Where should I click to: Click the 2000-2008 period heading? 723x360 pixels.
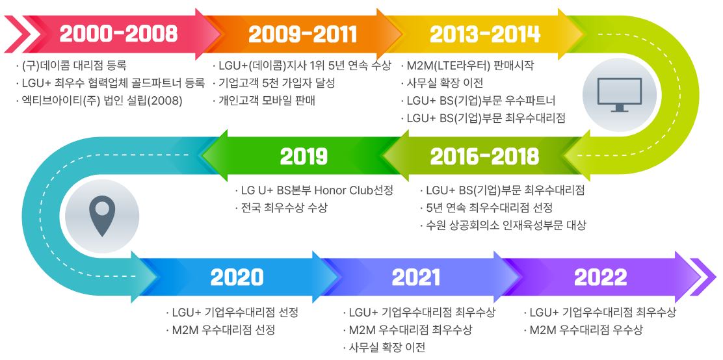(118, 34)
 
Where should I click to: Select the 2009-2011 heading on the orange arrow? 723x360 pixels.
(302, 34)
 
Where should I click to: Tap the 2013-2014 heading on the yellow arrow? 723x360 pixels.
(485, 34)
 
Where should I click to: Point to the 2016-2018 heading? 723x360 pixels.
(484, 157)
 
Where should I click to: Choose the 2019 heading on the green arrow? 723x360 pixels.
(304, 157)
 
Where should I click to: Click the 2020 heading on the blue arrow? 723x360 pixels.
(237, 277)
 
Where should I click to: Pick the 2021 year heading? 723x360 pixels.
(416, 277)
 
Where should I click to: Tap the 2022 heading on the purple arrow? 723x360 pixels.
(600, 277)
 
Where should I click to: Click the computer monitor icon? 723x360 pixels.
(619, 94)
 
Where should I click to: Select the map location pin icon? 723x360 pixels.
(102, 216)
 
